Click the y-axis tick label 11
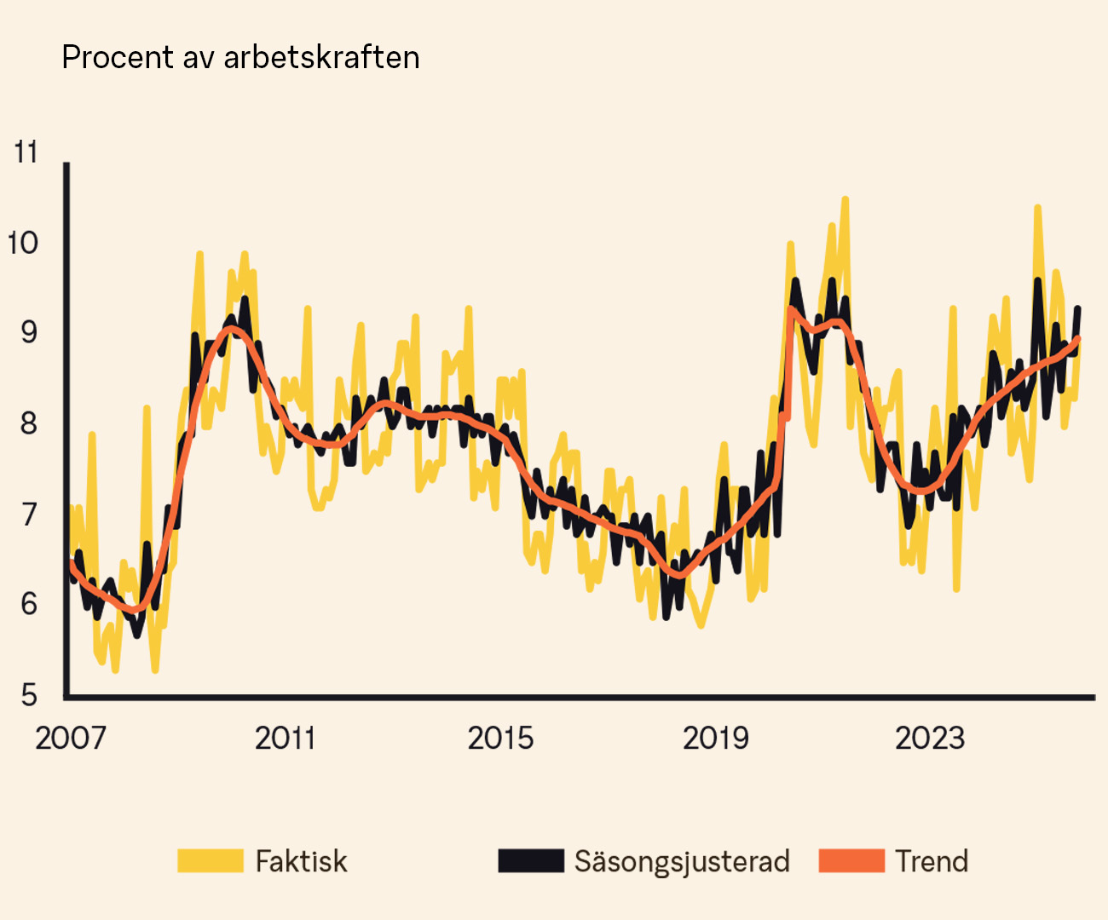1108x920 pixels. click(26, 152)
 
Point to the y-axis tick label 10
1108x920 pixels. click(23, 243)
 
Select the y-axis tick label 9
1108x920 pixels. click(29, 332)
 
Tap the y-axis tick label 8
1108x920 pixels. click(29, 423)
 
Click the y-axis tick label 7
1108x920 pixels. click(29, 515)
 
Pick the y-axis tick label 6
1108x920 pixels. click(29, 604)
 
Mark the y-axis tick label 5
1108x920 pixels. click(29, 695)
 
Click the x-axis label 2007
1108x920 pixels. click(71, 738)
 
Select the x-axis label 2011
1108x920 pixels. click(286, 738)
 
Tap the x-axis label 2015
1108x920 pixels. click(500, 738)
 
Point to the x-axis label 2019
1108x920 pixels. click(715, 738)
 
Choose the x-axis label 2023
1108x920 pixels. click(929, 738)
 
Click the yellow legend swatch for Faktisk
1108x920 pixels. click(211, 860)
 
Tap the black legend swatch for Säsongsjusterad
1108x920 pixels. click(531, 860)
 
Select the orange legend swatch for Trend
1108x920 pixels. click(851, 860)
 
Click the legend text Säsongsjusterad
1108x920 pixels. click(682, 861)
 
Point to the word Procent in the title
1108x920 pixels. click(118, 57)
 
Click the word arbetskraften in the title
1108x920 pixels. click(321, 57)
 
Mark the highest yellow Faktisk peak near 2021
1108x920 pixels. click(845, 199)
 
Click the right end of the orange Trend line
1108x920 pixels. click(1078, 339)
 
